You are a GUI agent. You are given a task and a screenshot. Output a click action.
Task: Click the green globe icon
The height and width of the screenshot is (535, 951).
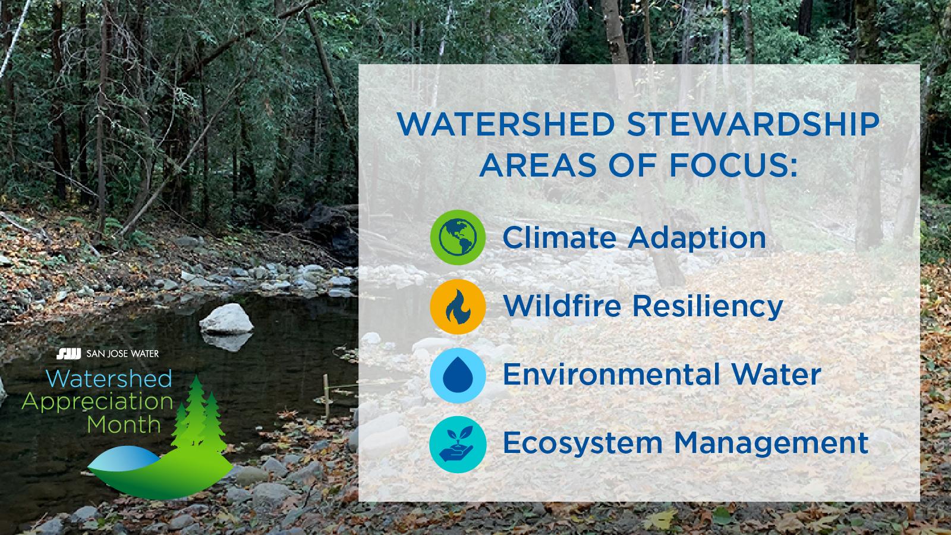pos(458,237)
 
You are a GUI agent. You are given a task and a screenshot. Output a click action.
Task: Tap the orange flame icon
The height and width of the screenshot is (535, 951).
pos(458,306)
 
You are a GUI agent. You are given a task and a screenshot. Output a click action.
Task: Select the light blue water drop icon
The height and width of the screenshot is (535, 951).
pos(458,375)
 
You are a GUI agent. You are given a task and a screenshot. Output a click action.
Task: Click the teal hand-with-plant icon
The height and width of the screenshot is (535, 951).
pos(458,444)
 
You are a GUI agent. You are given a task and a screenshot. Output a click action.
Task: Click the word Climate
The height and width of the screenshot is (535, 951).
pos(559,237)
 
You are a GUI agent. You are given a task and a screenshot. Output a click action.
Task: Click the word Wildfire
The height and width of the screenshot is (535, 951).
pos(561,306)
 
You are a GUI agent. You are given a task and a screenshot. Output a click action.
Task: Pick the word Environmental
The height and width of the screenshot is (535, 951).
pos(607,375)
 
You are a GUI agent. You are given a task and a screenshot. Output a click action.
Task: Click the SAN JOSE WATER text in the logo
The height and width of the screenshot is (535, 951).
pos(122,355)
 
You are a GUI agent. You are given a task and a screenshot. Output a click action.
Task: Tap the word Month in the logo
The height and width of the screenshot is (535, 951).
pos(124,424)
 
